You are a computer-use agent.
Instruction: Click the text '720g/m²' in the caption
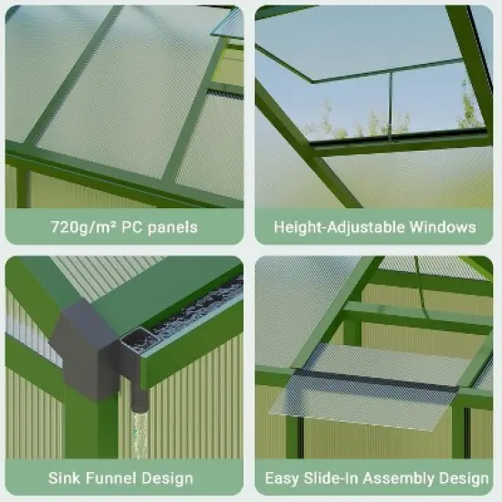click(x=79, y=226)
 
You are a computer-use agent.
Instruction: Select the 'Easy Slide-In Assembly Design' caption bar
click(x=376, y=477)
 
